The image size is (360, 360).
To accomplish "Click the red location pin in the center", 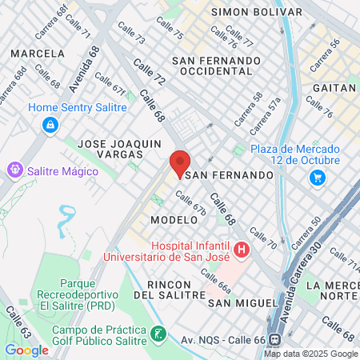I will click(x=180, y=162).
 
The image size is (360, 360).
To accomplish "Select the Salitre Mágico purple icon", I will click(x=14, y=170).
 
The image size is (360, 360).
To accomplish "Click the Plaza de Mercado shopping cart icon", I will click(x=318, y=178).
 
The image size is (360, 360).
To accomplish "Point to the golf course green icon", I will click(x=158, y=333).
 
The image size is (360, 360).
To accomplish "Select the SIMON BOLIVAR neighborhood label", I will click(x=256, y=12).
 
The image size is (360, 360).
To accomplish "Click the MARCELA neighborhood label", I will click(x=37, y=54).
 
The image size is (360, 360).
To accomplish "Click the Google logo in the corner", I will click(x=26, y=350).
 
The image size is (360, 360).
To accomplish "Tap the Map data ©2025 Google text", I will click(x=311, y=354).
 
